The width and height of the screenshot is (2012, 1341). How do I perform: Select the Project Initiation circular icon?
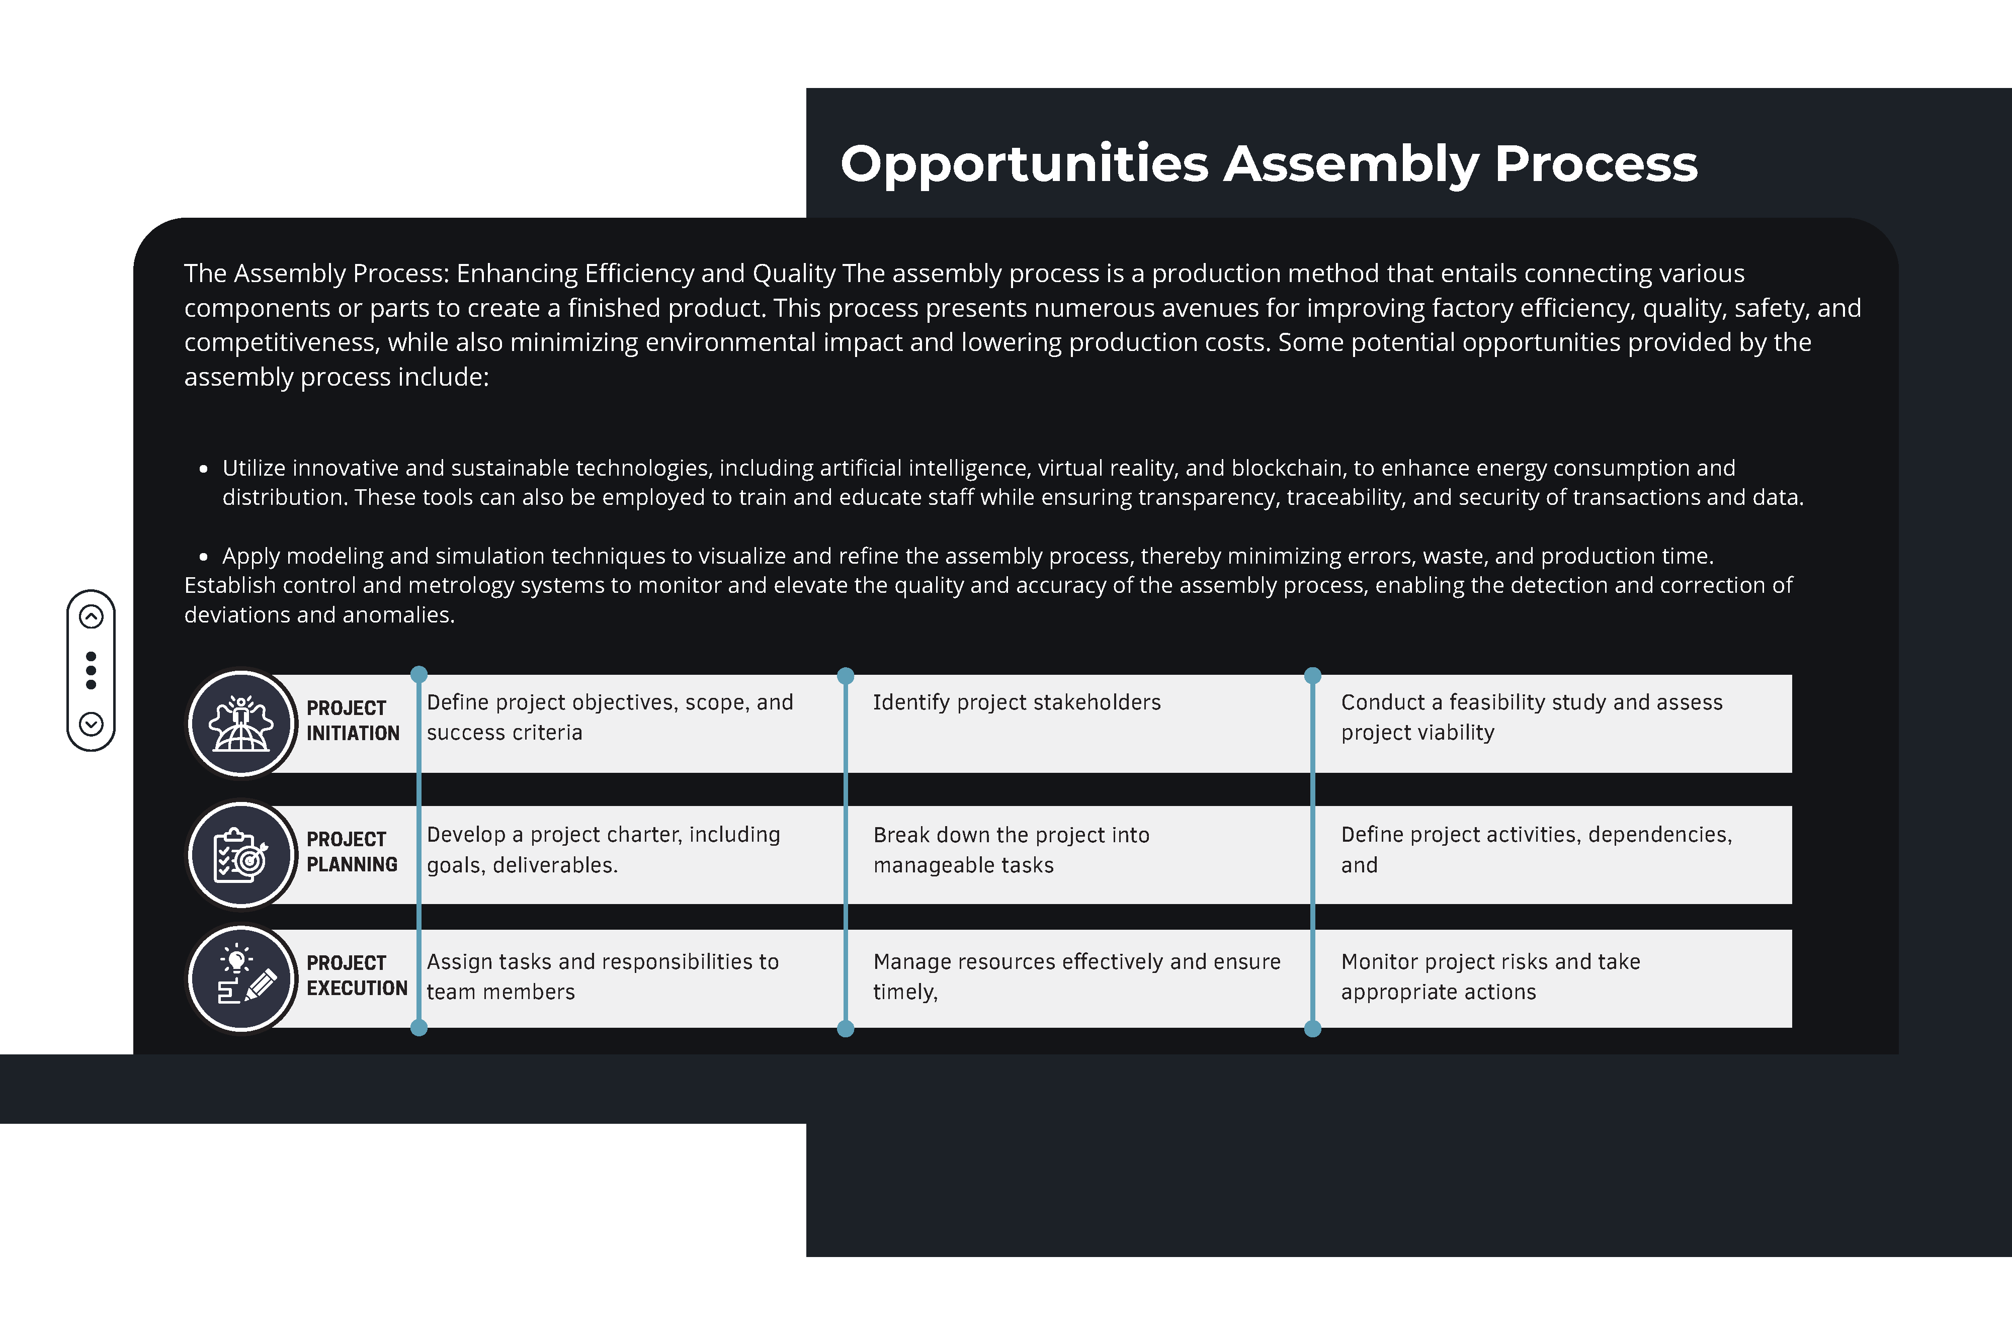coord(241,724)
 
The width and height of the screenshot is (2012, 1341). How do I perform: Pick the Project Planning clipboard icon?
coord(241,854)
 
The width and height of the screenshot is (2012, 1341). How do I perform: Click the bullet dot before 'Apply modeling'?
coord(204,557)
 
